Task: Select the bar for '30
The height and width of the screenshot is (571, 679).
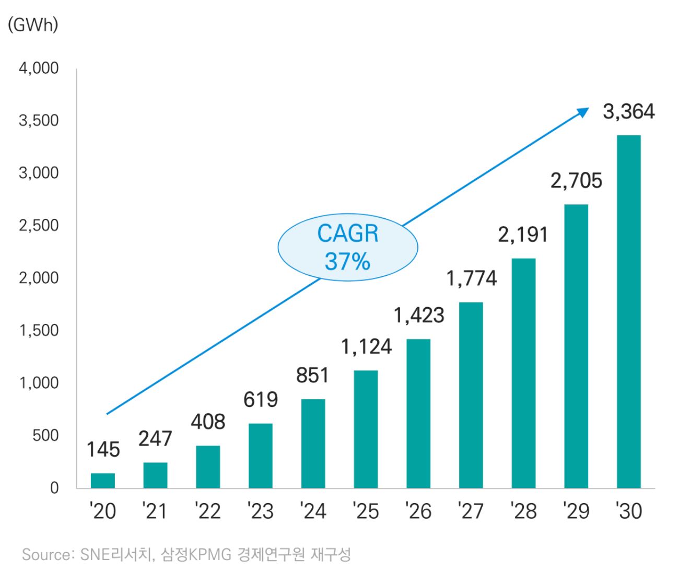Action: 628,312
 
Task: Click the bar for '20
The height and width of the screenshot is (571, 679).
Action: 103,481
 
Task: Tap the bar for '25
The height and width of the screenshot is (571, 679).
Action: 366,429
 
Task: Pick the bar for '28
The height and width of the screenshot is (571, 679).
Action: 523,374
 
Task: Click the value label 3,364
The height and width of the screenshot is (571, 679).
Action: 628,112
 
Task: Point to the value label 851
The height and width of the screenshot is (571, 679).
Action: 312,376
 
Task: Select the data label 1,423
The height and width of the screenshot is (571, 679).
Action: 418,316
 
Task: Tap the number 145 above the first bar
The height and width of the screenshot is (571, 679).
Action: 103,450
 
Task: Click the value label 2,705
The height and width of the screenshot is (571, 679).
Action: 576,181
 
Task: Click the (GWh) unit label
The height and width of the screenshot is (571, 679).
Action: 33,25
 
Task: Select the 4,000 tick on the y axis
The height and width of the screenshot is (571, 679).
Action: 39,68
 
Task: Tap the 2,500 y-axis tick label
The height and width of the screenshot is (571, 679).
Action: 39,226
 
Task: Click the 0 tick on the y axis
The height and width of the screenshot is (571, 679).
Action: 54,488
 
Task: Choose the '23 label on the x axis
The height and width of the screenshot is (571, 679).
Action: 260,511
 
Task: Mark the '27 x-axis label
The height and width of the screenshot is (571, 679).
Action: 471,511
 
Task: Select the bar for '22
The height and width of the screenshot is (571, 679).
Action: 208,467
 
